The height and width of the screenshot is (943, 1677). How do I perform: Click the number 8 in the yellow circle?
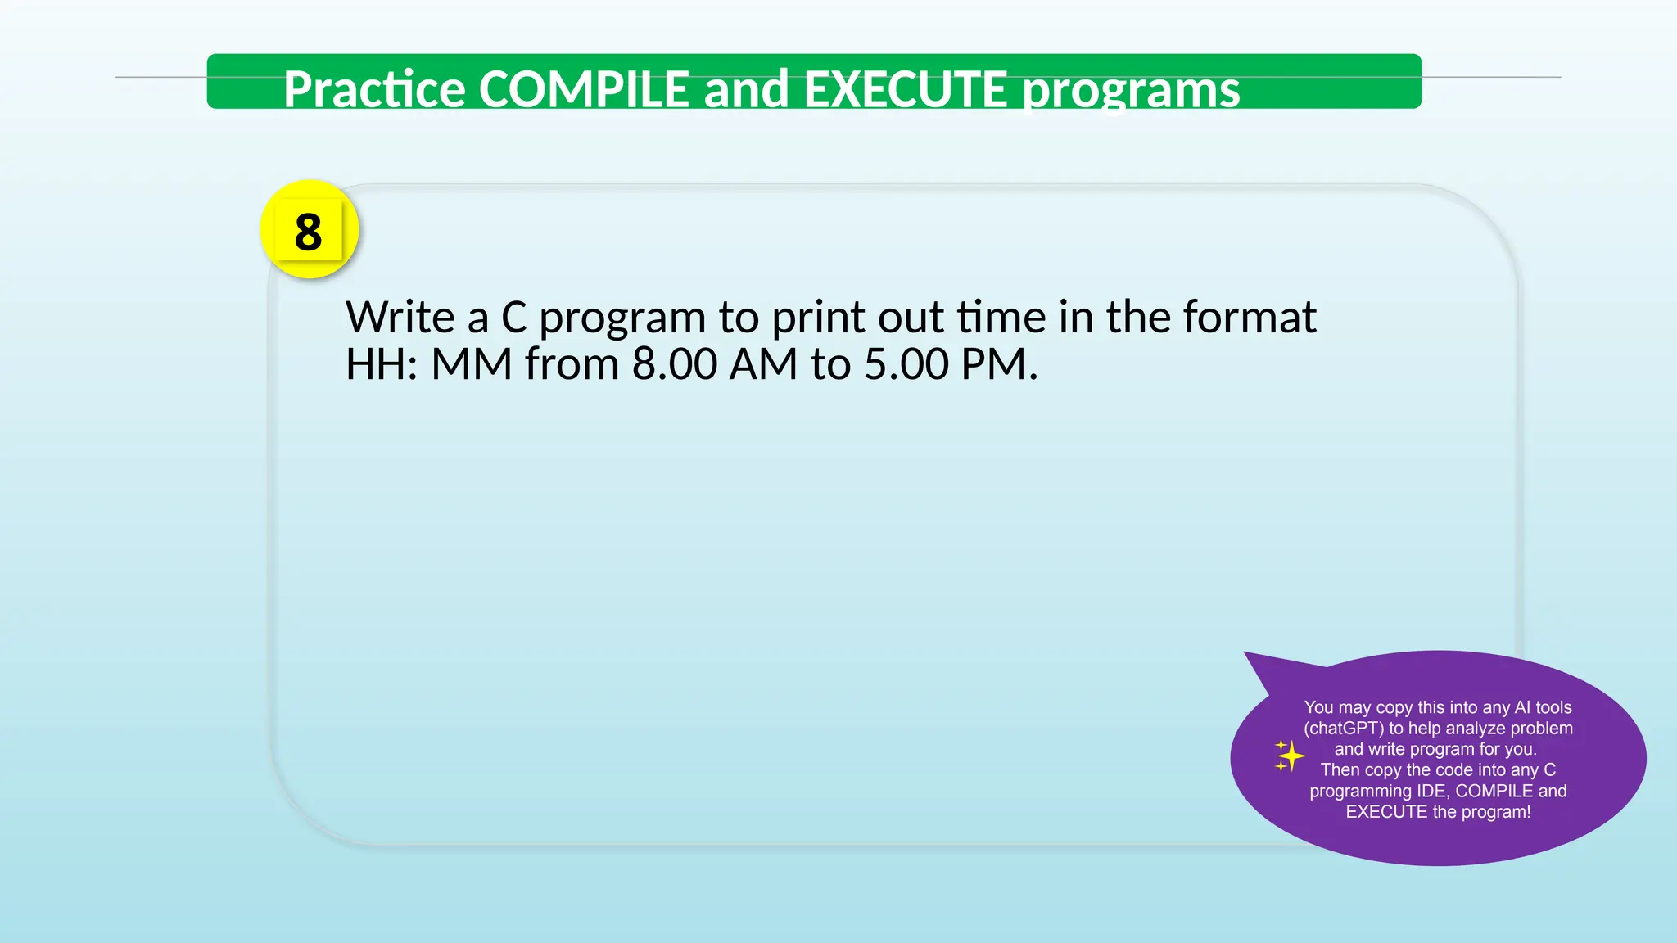pos(308,232)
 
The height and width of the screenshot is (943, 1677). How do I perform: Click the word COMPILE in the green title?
pos(583,89)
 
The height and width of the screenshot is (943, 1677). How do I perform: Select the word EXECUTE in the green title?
pos(905,89)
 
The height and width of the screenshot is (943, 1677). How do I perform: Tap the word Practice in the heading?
pos(373,89)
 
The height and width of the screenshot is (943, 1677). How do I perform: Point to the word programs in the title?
pos(1131,91)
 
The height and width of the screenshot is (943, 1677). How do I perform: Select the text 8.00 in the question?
pos(674,364)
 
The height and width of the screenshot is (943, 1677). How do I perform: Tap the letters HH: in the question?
pos(382,364)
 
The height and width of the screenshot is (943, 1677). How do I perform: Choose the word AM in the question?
pos(763,364)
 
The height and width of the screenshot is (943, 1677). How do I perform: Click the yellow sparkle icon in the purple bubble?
pos(1289,756)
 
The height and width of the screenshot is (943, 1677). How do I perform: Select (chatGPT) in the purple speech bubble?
pos(1343,729)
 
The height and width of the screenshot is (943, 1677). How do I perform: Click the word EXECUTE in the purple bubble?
pos(1386,812)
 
